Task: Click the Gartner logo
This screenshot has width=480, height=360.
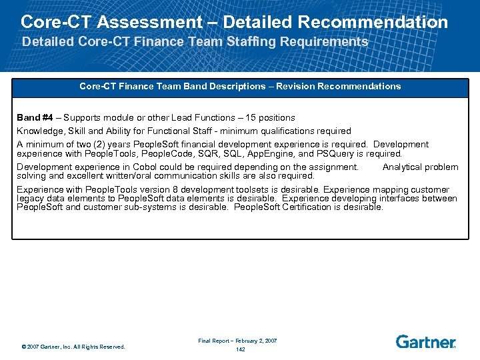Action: (x=425, y=342)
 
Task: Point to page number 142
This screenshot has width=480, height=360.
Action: (x=240, y=349)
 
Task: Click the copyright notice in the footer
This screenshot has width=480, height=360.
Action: (x=73, y=347)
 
